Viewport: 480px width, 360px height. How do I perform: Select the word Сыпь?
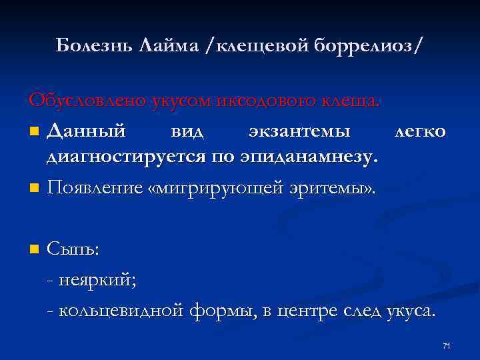coord(73,249)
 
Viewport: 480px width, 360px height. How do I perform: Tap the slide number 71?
coord(447,345)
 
